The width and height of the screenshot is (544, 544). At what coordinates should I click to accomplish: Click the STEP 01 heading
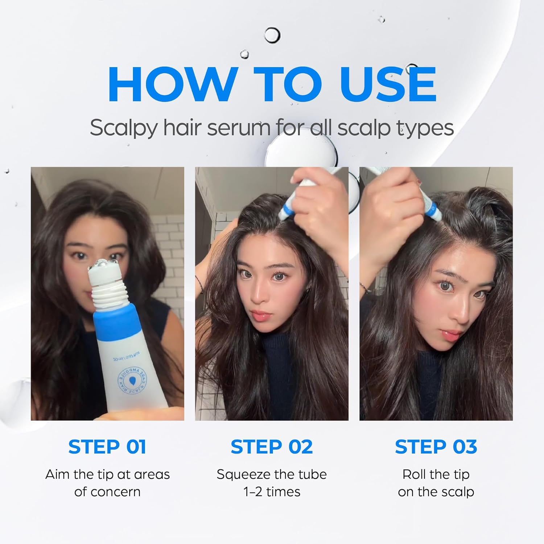(x=107, y=447)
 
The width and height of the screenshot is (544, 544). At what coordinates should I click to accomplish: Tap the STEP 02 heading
(x=272, y=447)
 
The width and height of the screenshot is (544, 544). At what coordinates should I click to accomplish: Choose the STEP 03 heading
(x=436, y=447)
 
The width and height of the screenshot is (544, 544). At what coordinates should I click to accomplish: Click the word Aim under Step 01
(x=57, y=474)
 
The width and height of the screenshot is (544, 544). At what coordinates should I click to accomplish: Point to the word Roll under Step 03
(x=415, y=474)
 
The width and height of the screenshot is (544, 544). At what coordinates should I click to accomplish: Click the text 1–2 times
(x=272, y=492)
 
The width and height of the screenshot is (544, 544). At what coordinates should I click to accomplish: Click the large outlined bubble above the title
(x=272, y=35)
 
